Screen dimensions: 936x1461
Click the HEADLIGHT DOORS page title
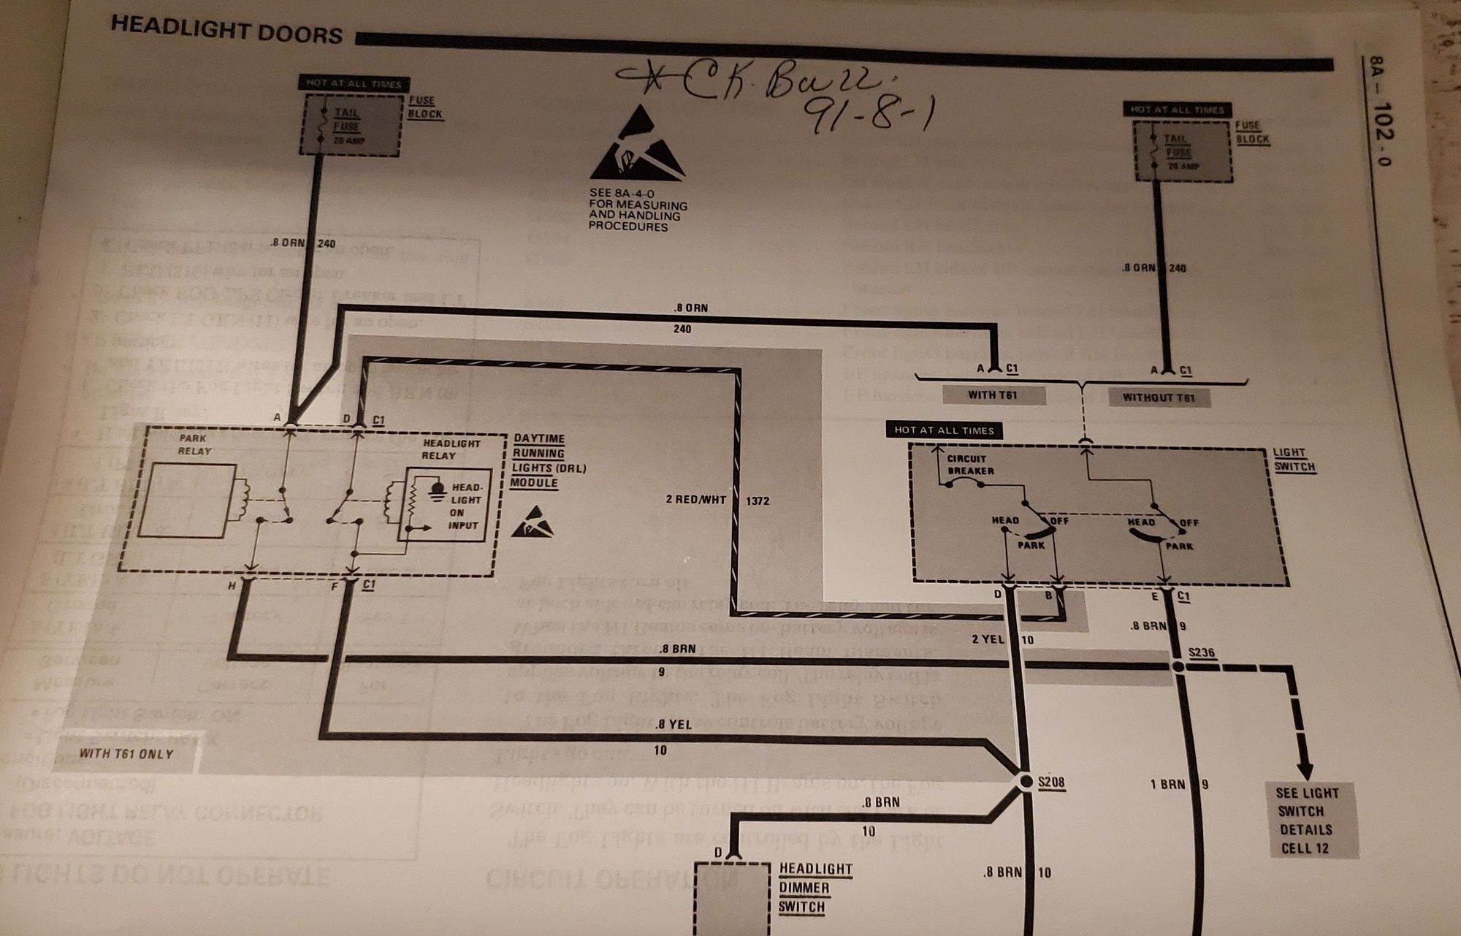click(226, 34)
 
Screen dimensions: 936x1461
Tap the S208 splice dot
click(1026, 782)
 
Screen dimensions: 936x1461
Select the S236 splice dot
click(1178, 666)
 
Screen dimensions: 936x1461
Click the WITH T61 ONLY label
click(126, 753)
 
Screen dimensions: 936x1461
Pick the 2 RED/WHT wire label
click(696, 500)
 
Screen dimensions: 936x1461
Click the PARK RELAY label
click(194, 444)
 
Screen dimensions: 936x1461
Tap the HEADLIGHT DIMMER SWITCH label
click(815, 888)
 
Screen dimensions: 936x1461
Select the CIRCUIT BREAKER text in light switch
click(970, 465)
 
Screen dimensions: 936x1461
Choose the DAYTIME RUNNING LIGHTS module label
click(548, 460)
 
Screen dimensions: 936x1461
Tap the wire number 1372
click(758, 501)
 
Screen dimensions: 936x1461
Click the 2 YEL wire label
click(988, 639)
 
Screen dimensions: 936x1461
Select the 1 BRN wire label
click(1167, 784)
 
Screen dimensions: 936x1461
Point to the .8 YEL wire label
click(673, 725)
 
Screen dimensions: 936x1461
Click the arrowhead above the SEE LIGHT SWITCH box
click(1305, 770)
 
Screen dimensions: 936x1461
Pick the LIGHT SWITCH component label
click(1294, 460)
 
